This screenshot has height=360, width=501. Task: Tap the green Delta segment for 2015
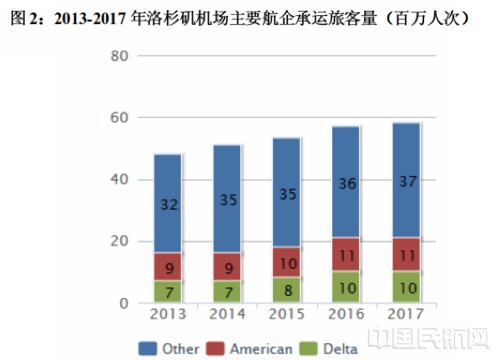click(286, 290)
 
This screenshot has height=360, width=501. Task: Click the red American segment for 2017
click(405, 254)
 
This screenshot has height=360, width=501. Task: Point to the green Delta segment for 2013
click(168, 292)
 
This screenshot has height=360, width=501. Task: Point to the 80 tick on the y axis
click(119, 56)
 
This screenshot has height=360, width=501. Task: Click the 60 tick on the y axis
click(119, 118)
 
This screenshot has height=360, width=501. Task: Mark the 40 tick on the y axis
click(119, 180)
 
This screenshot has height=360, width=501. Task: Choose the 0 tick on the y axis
click(124, 303)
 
